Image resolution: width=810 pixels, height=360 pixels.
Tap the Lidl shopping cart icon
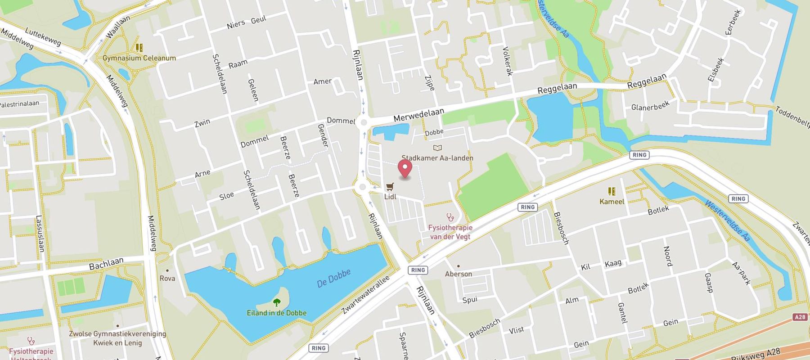(390, 187)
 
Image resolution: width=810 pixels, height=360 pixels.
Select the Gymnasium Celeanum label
(139, 58)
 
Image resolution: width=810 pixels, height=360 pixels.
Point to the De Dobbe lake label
(333, 278)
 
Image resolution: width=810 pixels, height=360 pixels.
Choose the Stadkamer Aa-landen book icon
(437, 148)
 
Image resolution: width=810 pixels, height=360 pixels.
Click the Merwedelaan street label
(418, 115)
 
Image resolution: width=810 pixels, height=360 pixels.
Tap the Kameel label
(612, 202)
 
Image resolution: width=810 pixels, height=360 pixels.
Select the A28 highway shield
(800, 317)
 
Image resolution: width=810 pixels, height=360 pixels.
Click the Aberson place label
(459, 274)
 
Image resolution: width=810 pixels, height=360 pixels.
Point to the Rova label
(167, 279)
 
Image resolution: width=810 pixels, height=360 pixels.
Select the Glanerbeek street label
(650, 106)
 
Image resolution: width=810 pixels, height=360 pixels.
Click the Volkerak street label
(507, 61)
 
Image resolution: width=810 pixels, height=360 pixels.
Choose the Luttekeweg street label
(43, 37)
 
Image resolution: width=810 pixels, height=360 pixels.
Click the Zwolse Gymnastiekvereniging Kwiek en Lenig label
(117, 338)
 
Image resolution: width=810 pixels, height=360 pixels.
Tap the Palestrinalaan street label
(19, 104)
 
